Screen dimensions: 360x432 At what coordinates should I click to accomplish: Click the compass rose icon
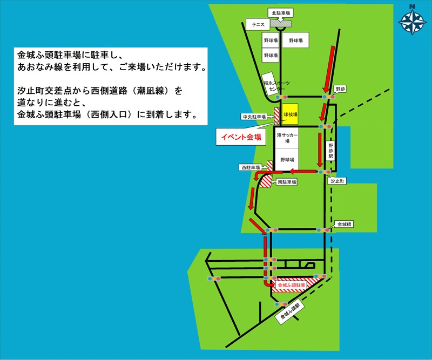coord(413,20)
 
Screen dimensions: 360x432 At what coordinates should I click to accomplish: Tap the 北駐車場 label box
coord(280,12)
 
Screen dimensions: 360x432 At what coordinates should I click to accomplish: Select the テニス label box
coord(258,24)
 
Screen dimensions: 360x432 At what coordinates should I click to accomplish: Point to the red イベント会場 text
coord(241,137)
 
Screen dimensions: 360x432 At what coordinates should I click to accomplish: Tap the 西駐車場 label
coord(251,168)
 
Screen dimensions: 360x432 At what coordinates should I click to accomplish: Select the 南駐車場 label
coord(287,182)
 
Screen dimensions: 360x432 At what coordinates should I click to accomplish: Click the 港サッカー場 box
coord(287,138)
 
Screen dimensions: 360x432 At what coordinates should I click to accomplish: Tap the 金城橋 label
coord(343,223)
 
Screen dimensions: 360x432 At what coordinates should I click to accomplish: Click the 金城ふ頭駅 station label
coord(293,313)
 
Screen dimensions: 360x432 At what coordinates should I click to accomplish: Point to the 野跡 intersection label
coord(340,88)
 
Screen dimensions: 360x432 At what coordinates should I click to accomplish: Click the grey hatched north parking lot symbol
coord(281,23)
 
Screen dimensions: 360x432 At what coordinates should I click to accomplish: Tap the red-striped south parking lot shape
coord(267,181)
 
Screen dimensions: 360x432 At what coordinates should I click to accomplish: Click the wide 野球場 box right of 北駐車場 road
coord(295,40)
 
